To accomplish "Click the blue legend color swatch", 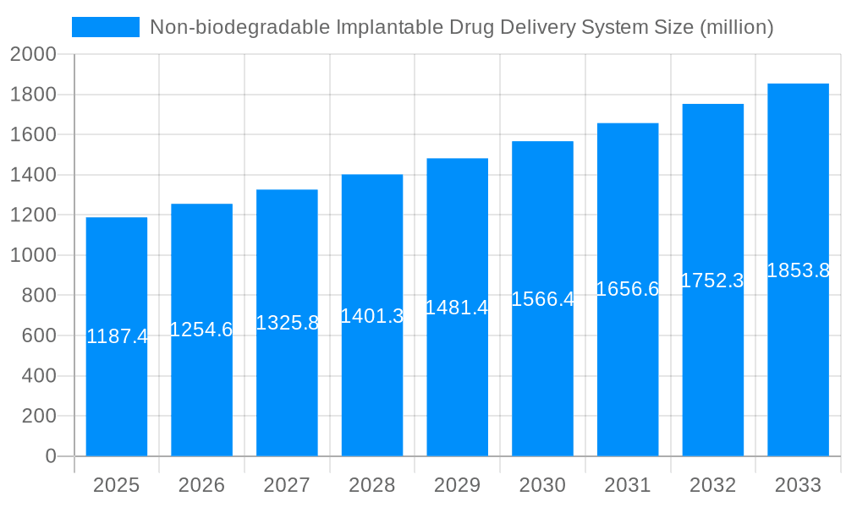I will (x=106, y=27).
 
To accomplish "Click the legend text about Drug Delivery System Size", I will (x=461, y=27).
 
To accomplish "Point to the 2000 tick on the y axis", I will (x=33, y=55).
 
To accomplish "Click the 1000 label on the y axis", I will (x=33, y=255).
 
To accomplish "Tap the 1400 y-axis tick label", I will (x=33, y=175).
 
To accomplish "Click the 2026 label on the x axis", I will (x=201, y=485).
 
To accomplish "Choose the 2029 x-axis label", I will (x=457, y=485).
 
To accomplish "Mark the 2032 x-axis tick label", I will (x=712, y=485).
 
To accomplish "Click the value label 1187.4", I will (x=118, y=336).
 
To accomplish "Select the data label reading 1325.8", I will (x=287, y=323).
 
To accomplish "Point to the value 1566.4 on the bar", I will (x=543, y=299).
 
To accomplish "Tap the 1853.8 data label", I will (x=798, y=270).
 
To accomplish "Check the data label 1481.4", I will (x=457, y=308).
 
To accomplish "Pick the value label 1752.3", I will (x=712, y=281).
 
